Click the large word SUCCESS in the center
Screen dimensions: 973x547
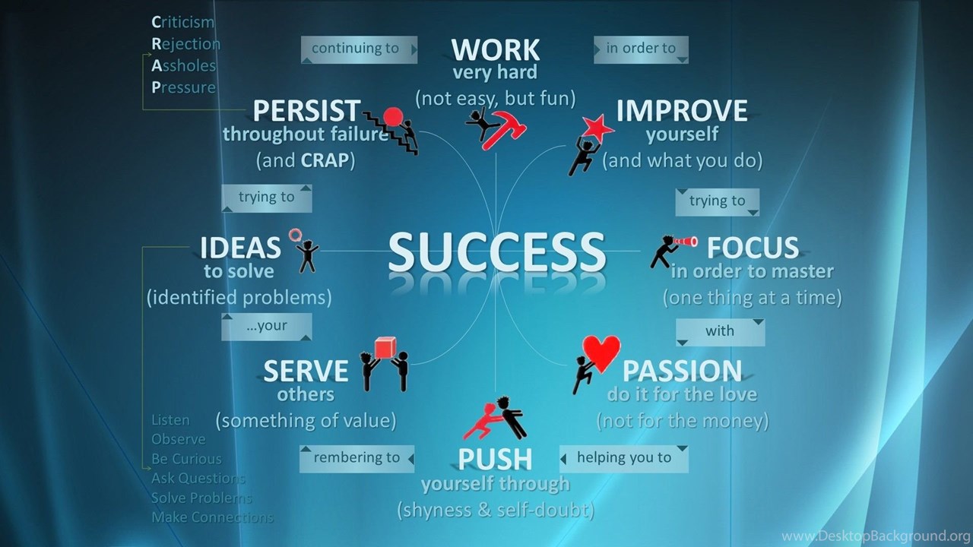point(496,251)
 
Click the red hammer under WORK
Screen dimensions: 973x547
point(504,129)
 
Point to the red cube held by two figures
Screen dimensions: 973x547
point(385,348)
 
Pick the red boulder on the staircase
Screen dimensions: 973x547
point(393,116)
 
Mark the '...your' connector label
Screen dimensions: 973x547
point(267,327)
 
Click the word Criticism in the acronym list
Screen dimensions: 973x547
point(183,22)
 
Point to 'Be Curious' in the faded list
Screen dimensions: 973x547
point(186,459)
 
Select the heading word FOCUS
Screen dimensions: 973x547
point(753,248)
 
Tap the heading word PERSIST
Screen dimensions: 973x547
point(306,110)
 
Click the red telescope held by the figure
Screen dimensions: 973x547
point(685,242)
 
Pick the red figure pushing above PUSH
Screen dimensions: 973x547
point(483,421)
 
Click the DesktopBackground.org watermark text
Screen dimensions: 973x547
point(876,536)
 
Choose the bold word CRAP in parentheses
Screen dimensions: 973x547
point(325,160)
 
